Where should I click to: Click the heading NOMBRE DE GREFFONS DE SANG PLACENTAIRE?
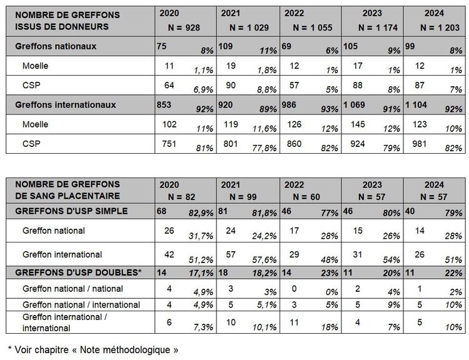(59, 190)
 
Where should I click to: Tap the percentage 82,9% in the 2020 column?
(201, 213)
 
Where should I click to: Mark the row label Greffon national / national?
(73, 289)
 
